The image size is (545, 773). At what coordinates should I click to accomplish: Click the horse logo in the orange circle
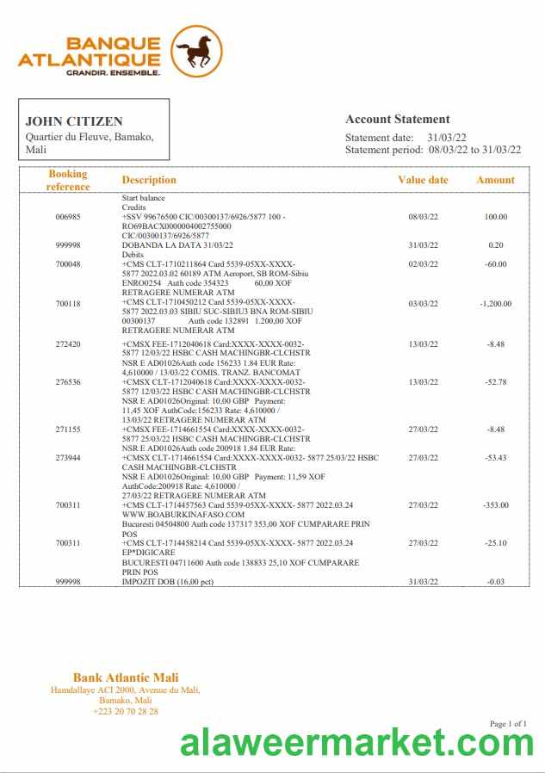click(196, 52)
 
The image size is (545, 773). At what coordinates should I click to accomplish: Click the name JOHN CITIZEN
click(74, 121)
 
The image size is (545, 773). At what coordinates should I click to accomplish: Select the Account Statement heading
click(397, 120)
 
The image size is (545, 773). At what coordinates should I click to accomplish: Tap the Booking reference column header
click(68, 180)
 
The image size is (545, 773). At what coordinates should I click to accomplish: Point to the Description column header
click(149, 180)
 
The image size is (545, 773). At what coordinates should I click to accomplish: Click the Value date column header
click(423, 180)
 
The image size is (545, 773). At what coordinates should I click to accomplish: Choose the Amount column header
click(495, 180)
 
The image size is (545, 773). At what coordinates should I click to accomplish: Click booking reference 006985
click(68, 217)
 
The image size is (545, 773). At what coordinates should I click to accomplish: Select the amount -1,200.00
click(495, 304)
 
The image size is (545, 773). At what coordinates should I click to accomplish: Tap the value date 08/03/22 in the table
click(423, 217)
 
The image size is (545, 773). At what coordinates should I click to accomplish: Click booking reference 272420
click(68, 344)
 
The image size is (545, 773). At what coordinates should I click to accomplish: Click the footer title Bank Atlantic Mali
click(126, 678)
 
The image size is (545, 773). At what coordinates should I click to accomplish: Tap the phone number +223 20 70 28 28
click(126, 711)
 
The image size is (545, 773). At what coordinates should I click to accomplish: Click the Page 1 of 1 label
click(507, 724)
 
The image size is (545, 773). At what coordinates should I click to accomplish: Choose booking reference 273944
click(68, 458)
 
